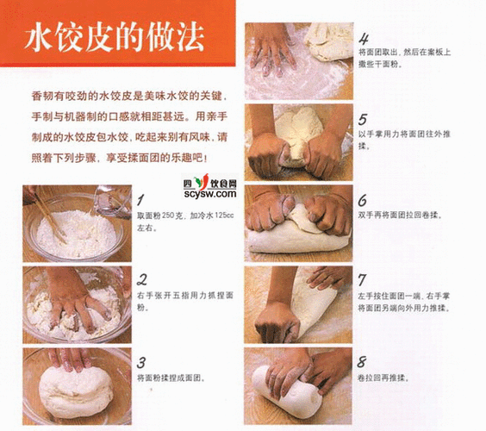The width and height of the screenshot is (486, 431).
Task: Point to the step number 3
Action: (x=141, y=361)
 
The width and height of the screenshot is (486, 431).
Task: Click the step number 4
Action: (x=364, y=39)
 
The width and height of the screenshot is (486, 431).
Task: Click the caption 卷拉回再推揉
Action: (x=389, y=378)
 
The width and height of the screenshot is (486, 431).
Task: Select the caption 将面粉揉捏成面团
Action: (x=171, y=378)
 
